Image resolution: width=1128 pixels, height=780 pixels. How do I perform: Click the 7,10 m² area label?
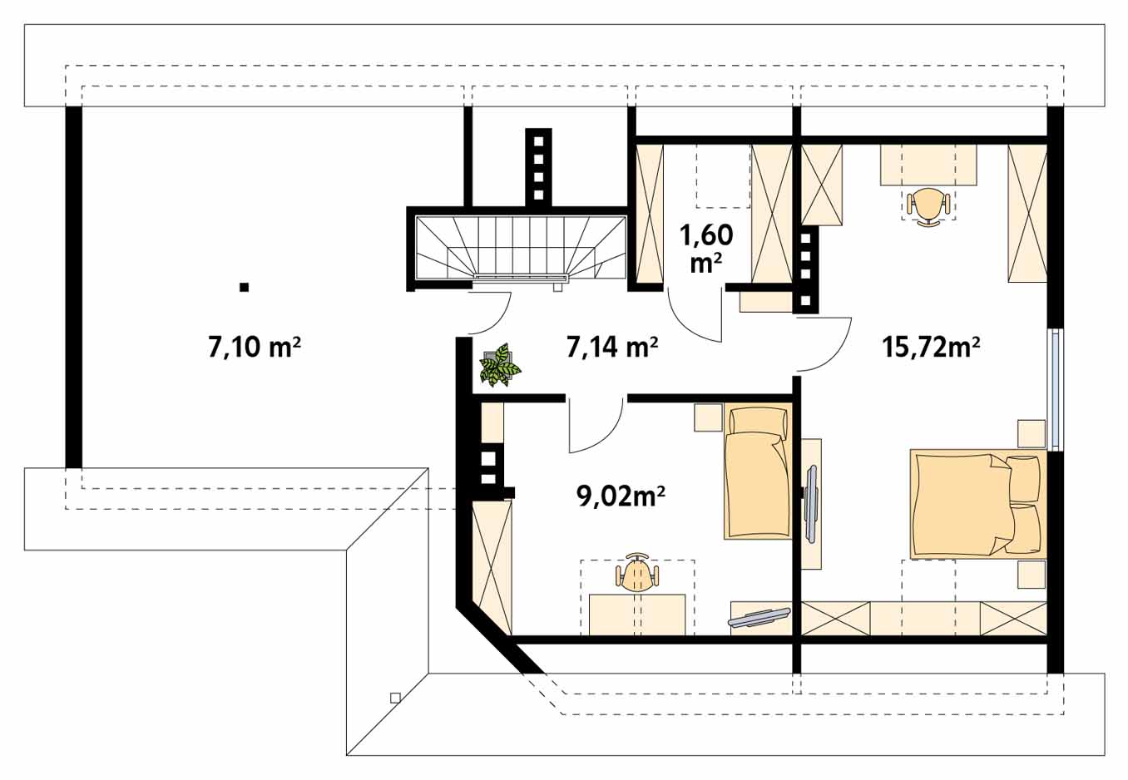[255, 348]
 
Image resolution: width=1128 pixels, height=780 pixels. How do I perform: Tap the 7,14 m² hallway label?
[612, 348]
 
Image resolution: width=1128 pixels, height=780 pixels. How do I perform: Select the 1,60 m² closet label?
[706, 249]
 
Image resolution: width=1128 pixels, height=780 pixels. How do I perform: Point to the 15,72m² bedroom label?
[931, 348]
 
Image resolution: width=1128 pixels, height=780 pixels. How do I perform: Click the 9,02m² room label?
[621, 496]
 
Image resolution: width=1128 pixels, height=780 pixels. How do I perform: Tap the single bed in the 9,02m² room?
[757, 473]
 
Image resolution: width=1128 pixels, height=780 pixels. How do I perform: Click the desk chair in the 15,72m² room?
[928, 206]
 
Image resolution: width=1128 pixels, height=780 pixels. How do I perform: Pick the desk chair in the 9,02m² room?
[637, 572]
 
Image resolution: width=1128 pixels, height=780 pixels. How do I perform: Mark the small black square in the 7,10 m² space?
[245, 288]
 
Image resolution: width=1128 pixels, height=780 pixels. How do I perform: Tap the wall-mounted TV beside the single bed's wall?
[811, 505]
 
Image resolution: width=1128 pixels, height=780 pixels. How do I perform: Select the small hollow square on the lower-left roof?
[395, 698]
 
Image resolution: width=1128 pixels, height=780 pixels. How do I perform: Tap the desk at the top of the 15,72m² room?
[928, 165]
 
